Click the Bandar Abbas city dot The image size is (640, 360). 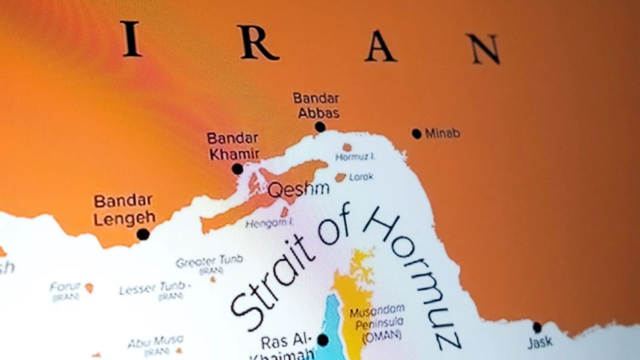click(320, 127)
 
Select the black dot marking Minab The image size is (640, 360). click(416, 134)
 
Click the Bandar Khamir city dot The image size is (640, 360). click(237, 169)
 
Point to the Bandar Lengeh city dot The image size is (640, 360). click(143, 234)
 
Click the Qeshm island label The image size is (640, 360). click(298, 190)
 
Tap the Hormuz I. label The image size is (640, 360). click(355, 157)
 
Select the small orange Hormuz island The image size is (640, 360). click(347, 147)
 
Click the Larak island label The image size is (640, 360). click(361, 177)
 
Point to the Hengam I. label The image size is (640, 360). click(268, 223)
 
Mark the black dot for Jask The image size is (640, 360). click(537, 327)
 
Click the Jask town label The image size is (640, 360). click(540, 343)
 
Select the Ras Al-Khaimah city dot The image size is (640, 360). click(323, 340)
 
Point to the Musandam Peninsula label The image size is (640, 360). click(377, 322)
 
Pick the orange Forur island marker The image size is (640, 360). click(89, 288)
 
